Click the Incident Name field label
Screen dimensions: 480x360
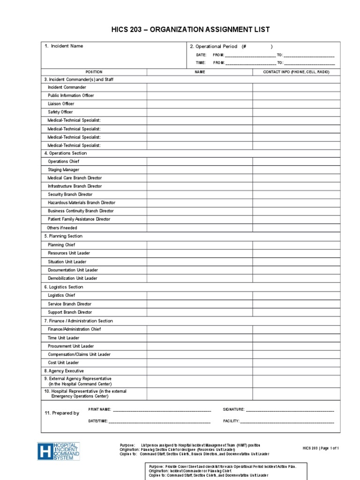[x=64, y=46]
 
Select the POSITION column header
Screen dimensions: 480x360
[x=94, y=72]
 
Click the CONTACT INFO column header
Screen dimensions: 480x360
[x=296, y=72]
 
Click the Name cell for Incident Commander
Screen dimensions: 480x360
[x=200, y=87]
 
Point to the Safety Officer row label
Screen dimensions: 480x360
[x=60, y=112]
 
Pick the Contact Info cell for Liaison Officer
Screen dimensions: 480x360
[x=296, y=104]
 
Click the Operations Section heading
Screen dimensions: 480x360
[x=66, y=153]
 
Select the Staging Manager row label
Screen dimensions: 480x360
[x=64, y=170]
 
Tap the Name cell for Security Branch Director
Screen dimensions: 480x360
[x=200, y=194]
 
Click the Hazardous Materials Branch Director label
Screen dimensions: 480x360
[x=82, y=202]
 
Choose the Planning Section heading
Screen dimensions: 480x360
[x=63, y=236]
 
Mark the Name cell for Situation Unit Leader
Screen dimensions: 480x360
[x=200, y=262]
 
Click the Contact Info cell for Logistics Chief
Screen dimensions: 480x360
[x=296, y=295]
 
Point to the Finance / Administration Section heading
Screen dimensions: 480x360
[x=79, y=321]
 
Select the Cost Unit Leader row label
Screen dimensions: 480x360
[x=63, y=362]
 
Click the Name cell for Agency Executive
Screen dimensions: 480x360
[x=200, y=371]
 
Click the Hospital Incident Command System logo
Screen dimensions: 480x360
[x=59, y=451]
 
